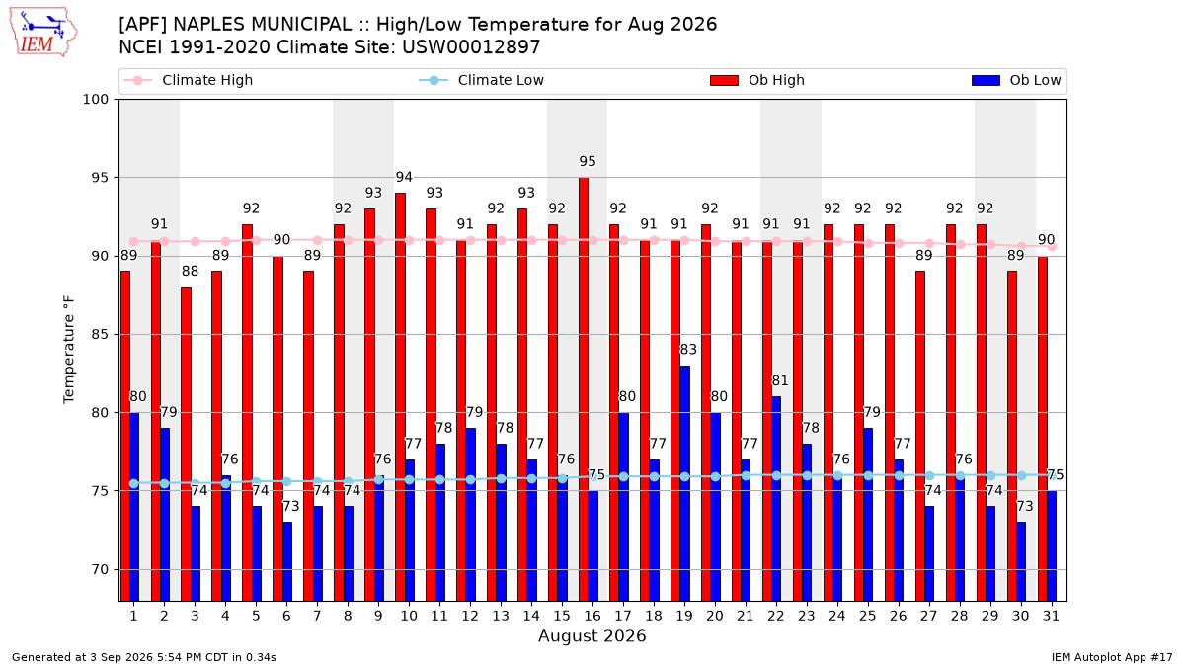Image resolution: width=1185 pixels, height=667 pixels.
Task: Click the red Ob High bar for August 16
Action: coord(583,389)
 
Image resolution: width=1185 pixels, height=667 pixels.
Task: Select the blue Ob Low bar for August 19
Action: coord(684,483)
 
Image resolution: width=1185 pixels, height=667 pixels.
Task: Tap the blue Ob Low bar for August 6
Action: coord(286,561)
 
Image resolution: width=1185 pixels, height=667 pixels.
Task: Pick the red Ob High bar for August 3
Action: coord(186,444)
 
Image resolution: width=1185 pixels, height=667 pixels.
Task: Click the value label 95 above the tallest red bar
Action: coord(588,161)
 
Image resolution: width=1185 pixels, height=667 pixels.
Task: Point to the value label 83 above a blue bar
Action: coord(688,350)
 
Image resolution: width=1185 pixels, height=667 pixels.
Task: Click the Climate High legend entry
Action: coord(189,80)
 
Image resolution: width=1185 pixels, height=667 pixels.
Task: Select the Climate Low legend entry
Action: coord(482,80)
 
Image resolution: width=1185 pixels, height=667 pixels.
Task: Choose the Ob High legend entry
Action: coord(757,80)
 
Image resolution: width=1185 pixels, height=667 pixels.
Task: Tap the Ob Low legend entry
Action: coord(1016,80)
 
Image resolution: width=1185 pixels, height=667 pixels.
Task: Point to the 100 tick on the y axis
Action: coord(95,100)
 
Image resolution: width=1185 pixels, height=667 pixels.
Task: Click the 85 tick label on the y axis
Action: coord(100,335)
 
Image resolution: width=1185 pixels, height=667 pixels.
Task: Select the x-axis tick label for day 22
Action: coord(776,616)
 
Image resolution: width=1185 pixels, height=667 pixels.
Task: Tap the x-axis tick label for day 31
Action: coord(1051,616)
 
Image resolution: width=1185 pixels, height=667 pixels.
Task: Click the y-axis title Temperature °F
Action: coord(69,350)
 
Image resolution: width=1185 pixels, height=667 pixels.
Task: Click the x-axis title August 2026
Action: coord(592,635)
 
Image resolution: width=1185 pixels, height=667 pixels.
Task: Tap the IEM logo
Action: coord(42,33)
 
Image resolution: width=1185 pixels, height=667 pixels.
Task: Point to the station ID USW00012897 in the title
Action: coord(471,47)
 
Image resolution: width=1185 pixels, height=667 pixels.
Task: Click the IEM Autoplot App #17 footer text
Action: coord(1112,657)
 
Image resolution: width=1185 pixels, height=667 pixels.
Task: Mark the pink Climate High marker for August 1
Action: coord(134,242)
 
